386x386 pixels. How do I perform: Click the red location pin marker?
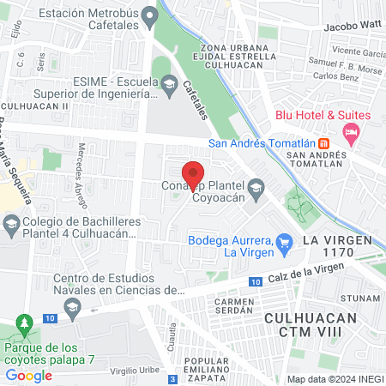click(194, 173)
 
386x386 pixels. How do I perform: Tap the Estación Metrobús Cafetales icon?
click(152, 15)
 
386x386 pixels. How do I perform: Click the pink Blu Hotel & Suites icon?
click(350, 131)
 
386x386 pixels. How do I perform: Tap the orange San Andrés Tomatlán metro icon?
click(323, 142)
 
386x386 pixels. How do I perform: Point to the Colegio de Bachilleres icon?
click(11, 226)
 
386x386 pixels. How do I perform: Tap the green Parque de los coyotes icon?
click(25, 326)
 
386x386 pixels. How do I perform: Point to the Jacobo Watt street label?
click(351, 27)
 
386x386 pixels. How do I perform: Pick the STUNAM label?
click(359, 298)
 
